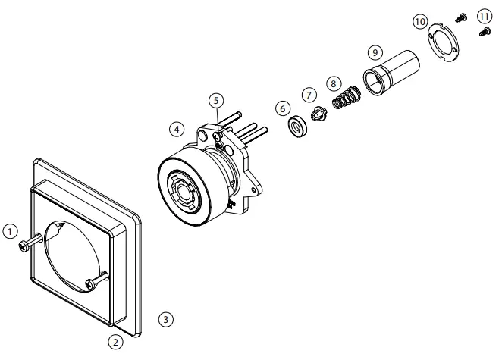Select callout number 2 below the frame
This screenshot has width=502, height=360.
pos(115,342)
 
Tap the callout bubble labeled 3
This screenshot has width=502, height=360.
pos(166,318)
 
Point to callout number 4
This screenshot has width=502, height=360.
pos(176,130)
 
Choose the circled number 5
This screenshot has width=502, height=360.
pos(216,100)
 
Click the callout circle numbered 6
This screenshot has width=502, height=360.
pos(283,109)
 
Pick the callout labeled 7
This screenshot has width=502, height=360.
pos(309,95)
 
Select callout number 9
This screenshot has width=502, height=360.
pos(374,52)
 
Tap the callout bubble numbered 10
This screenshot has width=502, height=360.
pos(419,22)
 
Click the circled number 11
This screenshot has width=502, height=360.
pos(483,15)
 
